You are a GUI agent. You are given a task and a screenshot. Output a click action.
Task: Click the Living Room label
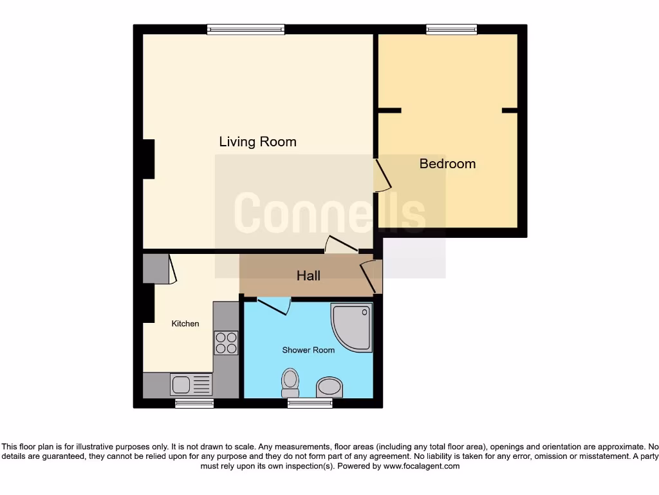pos(257,142)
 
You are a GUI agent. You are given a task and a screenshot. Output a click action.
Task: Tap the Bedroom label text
pos(447,164)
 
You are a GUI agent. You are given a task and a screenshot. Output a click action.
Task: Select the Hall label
pos(308,276)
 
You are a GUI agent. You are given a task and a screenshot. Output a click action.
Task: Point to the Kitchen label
pos(185,324)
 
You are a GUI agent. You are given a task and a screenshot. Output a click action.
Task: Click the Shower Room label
pos(308,350)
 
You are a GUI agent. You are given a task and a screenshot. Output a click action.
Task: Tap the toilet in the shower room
pos(290,382)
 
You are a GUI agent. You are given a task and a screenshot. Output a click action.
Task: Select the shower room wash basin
pos(329,387)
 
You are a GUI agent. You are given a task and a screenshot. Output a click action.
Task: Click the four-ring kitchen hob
pos(226,342)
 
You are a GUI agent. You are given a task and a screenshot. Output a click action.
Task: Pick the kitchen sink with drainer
pos(191,384)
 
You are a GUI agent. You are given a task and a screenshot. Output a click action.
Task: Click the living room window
pos(246,29)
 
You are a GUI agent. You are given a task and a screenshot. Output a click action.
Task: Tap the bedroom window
pos(451,29)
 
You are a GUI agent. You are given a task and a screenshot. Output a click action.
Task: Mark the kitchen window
pos(194,403)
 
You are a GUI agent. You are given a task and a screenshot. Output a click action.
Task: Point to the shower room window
pos(310,403)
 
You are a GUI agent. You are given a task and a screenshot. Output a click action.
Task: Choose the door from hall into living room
pos(341,245)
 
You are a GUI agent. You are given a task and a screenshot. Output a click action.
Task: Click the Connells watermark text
pos(329,213)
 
